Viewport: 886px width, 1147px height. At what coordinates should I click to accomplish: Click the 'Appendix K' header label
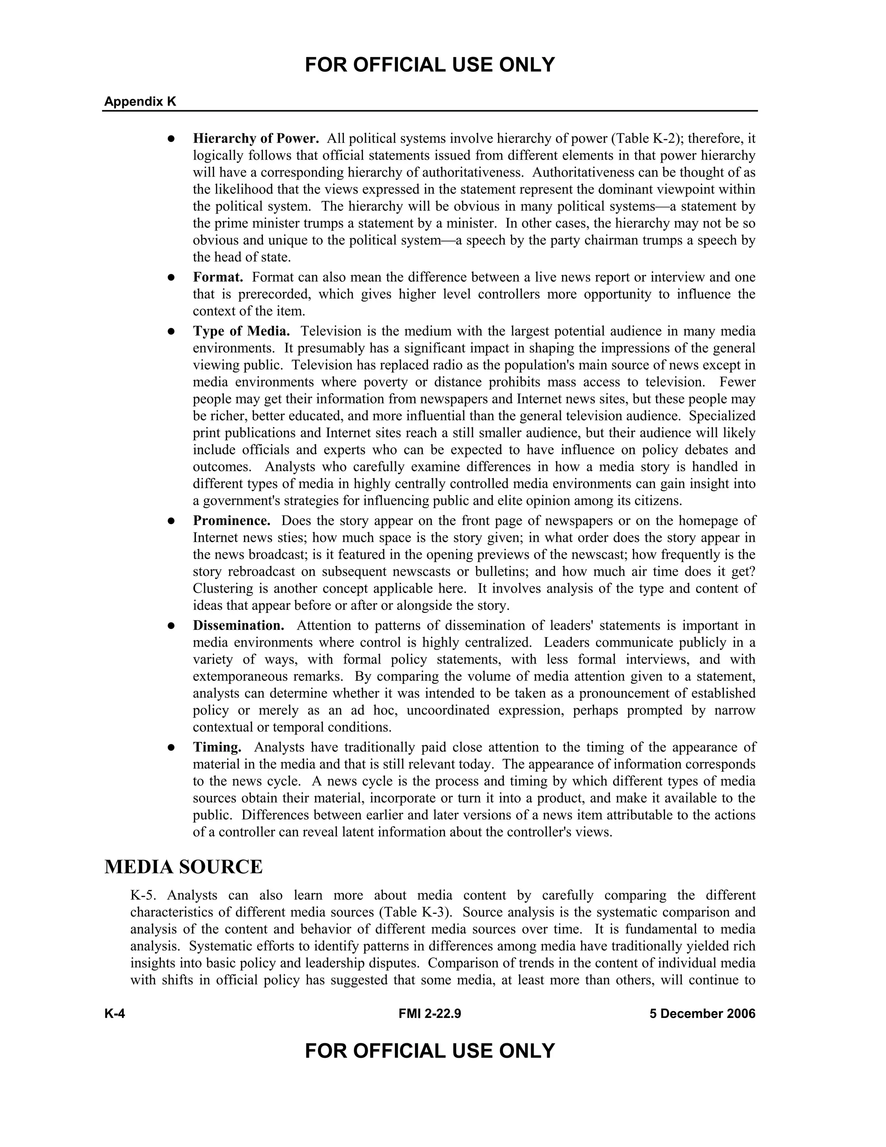click(140, 101)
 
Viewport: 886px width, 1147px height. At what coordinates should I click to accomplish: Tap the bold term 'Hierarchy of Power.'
click(256, 139)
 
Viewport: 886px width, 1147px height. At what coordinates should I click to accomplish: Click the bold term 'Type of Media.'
click(241, 332)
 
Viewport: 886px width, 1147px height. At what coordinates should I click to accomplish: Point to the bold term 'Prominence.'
click(231, 521)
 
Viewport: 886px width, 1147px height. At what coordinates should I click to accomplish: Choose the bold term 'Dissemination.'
click(238, 625)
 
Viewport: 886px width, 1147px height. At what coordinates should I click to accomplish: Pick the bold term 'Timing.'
click(217, 747)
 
